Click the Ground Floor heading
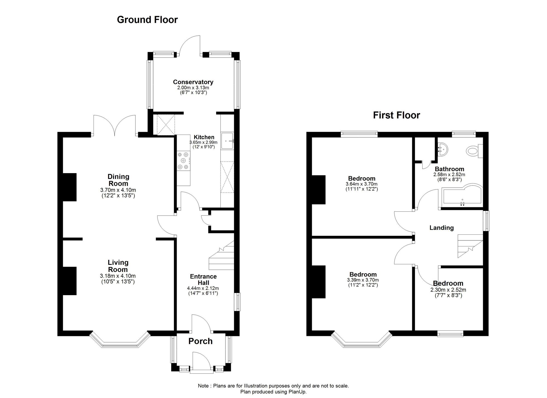pyautogui.click(x=147, y=20)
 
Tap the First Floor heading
pyautogui.click(x=396, y=115)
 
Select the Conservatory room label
pyautogui.click(x=193, y=82)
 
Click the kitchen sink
pyautogui.click(x=227, y=141)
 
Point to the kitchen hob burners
pyautogui.click(x=183, y=161)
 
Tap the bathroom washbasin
pyautogui.click(x=442, y=150)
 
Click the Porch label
pyautogui.click(x=200, y=341)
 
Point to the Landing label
pyautogui.click(x=441, y=228)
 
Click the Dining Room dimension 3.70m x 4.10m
pyautogui.click(x=118, y=190)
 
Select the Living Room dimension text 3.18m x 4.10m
pyautogui.click(x=118, y=276)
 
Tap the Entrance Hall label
pyautogui.click(x=203, y=280)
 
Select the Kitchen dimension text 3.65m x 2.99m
pyautogui.click(x=203, y=143)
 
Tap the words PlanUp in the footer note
pyautogui.click(x=297, y=392)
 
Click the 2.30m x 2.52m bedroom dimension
pyautogui.click(x=448, y=290)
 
